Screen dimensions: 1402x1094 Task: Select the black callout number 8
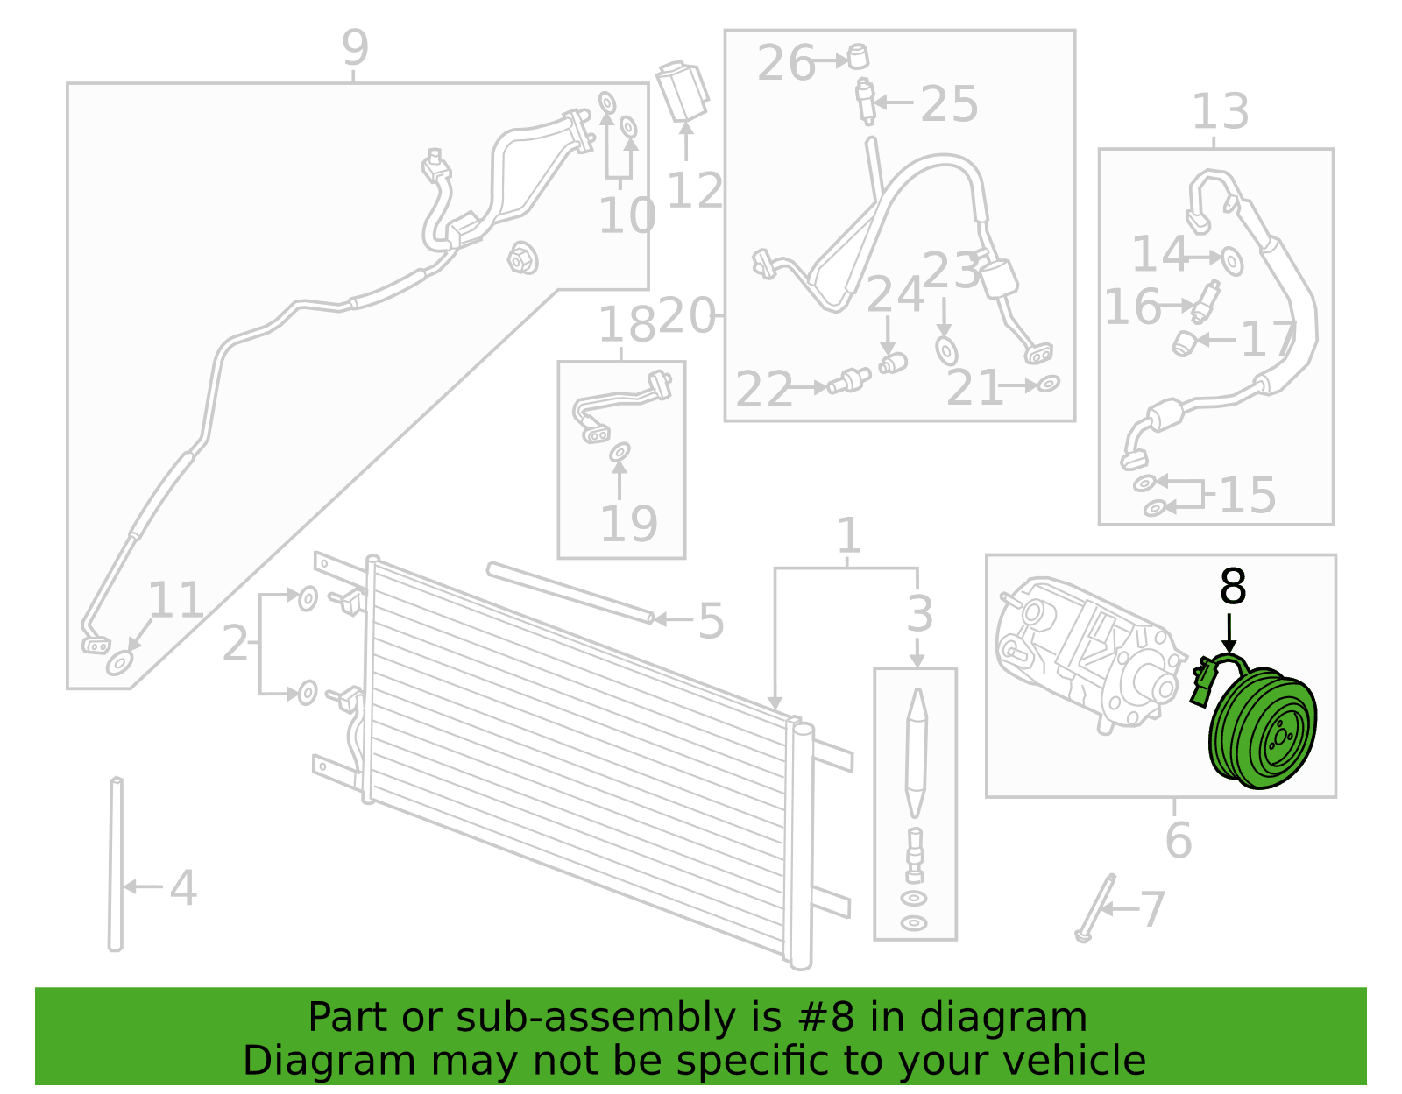click(1232, 588)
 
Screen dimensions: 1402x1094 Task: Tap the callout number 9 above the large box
click(355, 47)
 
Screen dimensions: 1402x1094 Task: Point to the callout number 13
click(1220, 112)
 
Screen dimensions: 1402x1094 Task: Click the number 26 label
click(785, 63)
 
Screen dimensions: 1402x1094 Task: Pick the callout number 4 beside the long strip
click(182, 888)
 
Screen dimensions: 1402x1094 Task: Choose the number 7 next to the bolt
click(1152, 910)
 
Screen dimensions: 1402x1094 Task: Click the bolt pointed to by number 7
click(1095, 910)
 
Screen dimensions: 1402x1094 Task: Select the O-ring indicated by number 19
click(620, 452)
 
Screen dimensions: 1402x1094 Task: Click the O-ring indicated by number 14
click(1232, 262)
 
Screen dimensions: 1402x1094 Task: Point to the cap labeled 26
click(858, 57)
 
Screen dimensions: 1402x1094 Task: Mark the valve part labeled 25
click(865, 102)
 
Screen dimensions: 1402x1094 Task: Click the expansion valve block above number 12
click(682, 92)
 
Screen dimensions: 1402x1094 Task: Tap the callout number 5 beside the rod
click(711, 622)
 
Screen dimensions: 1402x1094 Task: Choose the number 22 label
click(763, 390)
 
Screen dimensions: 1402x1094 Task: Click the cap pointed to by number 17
click(1183, 343)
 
